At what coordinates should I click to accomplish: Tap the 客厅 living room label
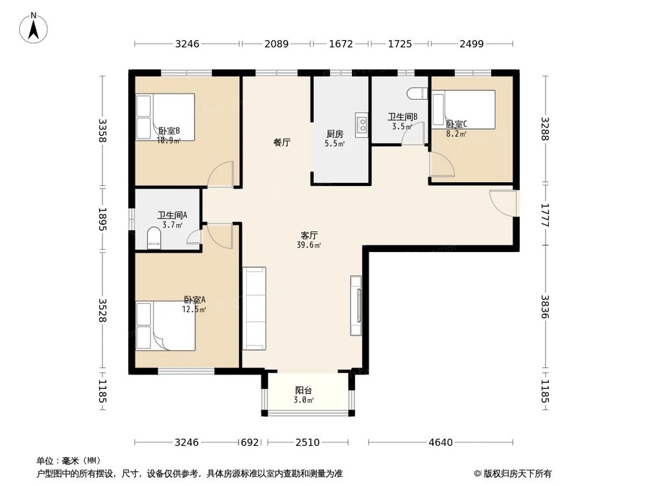coord(309,235)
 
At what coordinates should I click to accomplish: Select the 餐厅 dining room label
coord(281,143)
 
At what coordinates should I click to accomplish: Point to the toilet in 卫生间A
coord(154,238)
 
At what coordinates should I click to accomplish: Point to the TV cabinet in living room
coord(356,306)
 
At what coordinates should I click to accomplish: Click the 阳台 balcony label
coord(304,391)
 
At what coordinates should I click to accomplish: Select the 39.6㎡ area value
coord(309,245)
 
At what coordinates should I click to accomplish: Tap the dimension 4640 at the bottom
coord(441,443)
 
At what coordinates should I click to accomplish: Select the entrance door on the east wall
coord(504,202)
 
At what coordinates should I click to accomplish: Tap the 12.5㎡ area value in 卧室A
coord(194,310)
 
